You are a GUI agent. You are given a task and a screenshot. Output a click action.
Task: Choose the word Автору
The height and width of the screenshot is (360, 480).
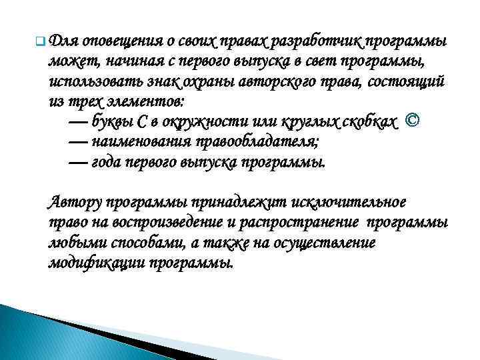(75, 203)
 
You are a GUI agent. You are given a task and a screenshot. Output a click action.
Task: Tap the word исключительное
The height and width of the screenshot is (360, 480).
(356, 203)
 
